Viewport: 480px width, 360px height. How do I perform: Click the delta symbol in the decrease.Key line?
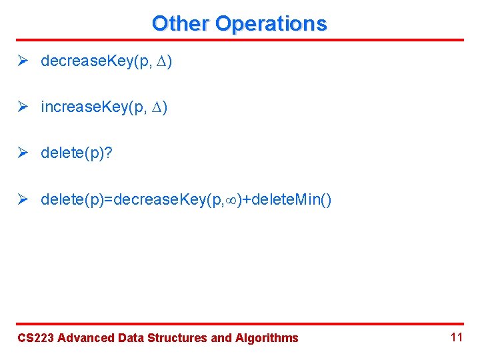pos(161,62)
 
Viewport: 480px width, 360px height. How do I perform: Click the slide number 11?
pos(456,337)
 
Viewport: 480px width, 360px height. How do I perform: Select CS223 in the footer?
pos(36,338)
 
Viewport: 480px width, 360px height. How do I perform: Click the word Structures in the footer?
pos(180,338)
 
